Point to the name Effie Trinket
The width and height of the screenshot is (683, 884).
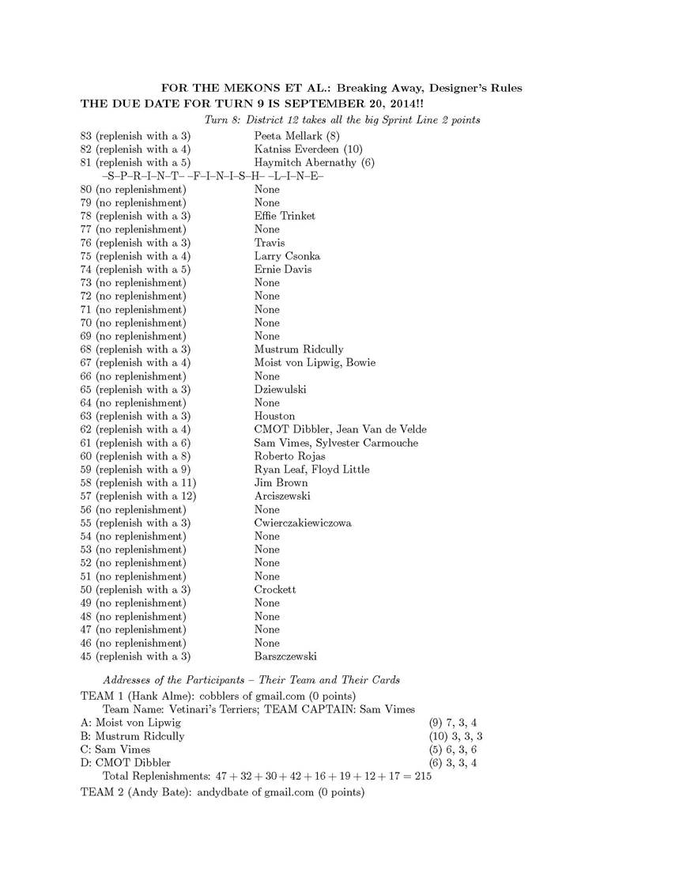[x=285, y=216]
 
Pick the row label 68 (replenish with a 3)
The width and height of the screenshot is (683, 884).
[x=135, y=349]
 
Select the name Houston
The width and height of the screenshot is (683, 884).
[x=274, y=416]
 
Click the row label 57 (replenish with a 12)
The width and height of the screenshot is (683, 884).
[x=138, y=496]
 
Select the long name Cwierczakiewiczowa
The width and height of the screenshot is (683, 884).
[x=303, y=523]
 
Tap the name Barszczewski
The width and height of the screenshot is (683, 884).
[x=285, y=656]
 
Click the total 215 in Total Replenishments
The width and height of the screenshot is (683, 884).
[x=422, y=776]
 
